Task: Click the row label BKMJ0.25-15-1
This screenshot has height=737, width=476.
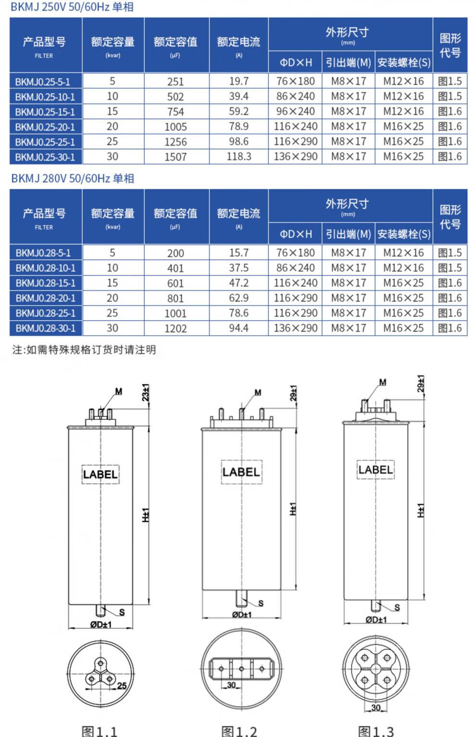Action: (45, 112)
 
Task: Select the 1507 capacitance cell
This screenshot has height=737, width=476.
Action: (175, 157)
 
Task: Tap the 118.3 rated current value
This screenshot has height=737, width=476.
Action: (238, 157)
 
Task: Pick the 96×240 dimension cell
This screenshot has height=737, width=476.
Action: (295, 112)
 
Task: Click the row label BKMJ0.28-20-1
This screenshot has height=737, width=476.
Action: (45, 298)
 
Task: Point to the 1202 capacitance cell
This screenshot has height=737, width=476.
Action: (175, 329)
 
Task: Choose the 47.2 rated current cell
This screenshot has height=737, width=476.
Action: (238, 283)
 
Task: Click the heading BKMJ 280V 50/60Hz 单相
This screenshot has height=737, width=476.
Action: (73, 179)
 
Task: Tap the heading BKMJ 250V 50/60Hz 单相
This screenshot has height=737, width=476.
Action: (72, 7)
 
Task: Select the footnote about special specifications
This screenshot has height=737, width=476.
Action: (84, 350)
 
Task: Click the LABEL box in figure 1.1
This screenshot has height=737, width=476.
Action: (100, 475)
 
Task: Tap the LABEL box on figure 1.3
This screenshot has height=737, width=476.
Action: (376, 470)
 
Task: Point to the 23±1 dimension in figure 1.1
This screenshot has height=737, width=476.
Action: (145, 393)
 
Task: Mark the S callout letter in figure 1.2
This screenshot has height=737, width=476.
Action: (261, 603)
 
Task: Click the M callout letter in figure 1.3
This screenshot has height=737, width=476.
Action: (383, 383)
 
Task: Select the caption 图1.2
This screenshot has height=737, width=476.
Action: (239, 731)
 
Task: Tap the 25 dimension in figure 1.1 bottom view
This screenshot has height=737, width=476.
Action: (122, 686)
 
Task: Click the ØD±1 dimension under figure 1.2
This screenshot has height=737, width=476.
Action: (241, 615)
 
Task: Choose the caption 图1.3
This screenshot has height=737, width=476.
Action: (376, 731)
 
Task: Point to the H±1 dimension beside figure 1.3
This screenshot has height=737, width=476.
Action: (421, 511)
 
